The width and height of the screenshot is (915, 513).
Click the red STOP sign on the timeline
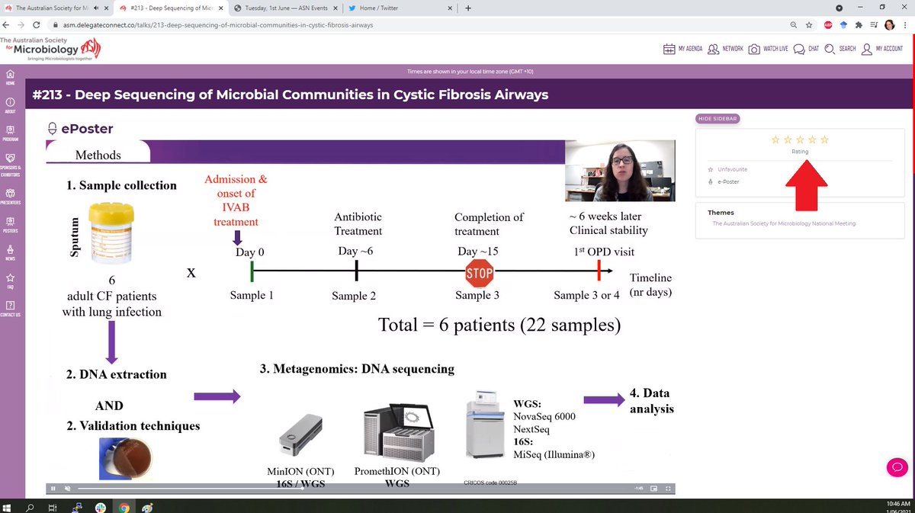[479, 272]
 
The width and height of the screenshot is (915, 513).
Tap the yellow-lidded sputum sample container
[111, 232]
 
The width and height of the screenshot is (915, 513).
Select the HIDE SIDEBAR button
[718, 119]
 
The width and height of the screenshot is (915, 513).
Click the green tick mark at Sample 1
[251, 271]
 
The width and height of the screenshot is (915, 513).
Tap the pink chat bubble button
[896, 467]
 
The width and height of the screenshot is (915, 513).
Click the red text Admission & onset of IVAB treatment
[236, 200]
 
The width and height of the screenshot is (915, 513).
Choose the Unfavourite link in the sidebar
[732, 168]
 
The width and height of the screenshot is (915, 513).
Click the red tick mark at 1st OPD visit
[599, 271]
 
